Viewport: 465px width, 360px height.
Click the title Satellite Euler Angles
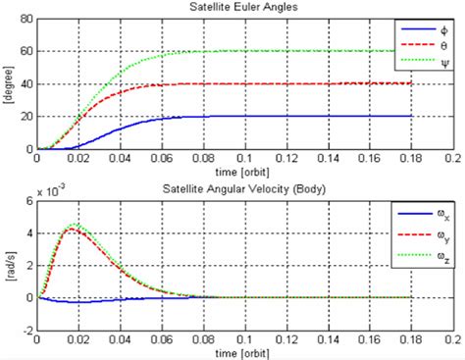[244, 8]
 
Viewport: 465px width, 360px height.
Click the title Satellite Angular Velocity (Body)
[244, 186]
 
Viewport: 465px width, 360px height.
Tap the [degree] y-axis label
[9, 83]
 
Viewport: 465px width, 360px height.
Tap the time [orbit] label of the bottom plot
[244, 350]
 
